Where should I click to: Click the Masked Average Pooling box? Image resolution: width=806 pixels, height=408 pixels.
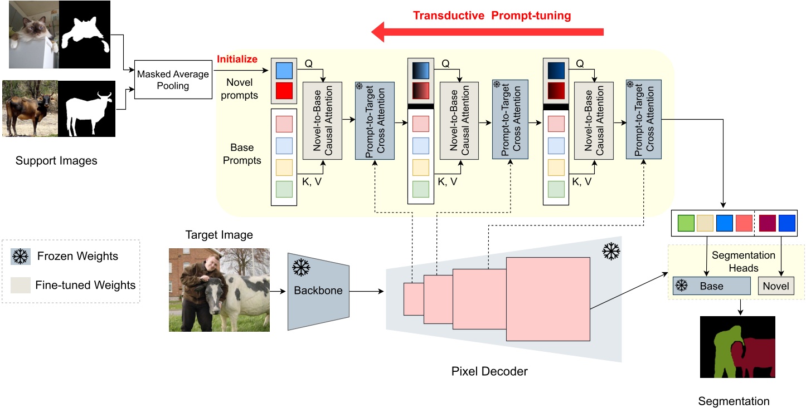[173, 80]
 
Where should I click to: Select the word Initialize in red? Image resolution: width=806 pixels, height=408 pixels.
[237, 59]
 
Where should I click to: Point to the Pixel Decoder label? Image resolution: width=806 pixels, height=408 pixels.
[489, 371]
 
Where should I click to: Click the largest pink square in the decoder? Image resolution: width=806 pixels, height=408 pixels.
[547, 298]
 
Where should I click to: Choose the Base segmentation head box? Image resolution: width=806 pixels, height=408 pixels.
[711, 286]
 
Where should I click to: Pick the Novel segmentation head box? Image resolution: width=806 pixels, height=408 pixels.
[776, 286]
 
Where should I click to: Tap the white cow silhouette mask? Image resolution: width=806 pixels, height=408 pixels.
[86, 109]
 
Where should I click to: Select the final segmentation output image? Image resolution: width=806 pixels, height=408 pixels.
[737, 347]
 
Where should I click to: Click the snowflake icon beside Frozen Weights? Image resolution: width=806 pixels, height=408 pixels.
[21, 257]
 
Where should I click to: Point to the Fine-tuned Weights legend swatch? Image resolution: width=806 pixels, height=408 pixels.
[21, 285]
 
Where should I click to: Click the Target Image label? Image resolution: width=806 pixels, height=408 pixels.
[219, 235]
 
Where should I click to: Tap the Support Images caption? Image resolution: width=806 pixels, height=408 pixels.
[56, 161]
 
